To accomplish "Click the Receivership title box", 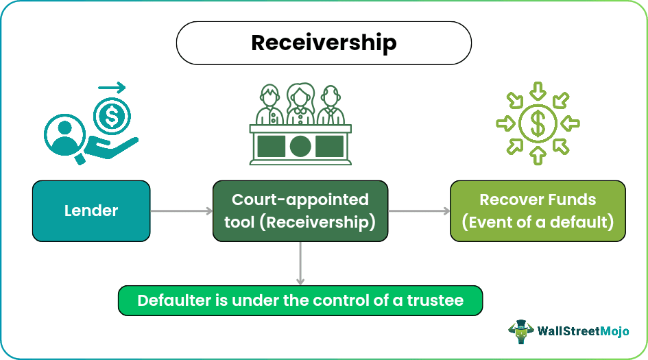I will [324, 43].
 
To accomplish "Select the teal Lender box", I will [91, 211].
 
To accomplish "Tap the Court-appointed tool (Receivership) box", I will [300, 211].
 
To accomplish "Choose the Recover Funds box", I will [538, 211].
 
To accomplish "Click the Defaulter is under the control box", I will [300, 300].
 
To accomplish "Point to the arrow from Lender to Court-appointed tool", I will [181, 211].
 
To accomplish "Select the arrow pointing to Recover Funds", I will [418, 211].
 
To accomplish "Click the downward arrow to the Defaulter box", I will [300, 263].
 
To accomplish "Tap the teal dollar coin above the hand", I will [109, 116].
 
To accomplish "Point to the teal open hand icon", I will [113, 147].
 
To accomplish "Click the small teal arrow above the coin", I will [112, 88].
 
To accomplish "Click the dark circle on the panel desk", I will [300, 145].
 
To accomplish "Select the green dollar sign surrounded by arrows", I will [538, 124].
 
